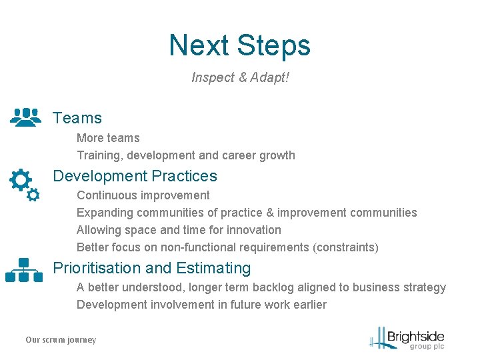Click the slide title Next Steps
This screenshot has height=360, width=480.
[x=239, y=45]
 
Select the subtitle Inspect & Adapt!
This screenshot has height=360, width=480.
[x=240, y=77]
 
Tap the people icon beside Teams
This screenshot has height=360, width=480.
[x=26, y=117]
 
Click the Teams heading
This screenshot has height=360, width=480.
[x=77, y=118]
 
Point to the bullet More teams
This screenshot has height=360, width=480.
[x=108, y=138]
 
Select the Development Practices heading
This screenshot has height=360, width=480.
[x=135, y=176]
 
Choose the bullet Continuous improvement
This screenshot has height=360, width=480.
[x=143, y=195]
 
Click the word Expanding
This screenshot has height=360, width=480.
[x=105, y=213]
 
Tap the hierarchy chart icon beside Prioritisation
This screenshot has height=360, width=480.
[x=23, y=270]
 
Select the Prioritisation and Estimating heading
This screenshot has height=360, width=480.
[x=151, y=268]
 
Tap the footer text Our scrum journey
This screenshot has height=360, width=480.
[x=61, y=340]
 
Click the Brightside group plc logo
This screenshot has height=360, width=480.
[x=408, y=338]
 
